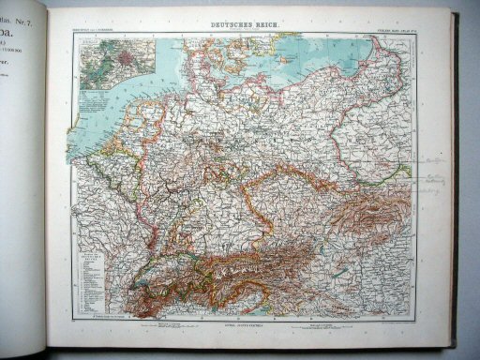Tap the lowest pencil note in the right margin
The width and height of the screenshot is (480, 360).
click(x=419, y=187)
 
